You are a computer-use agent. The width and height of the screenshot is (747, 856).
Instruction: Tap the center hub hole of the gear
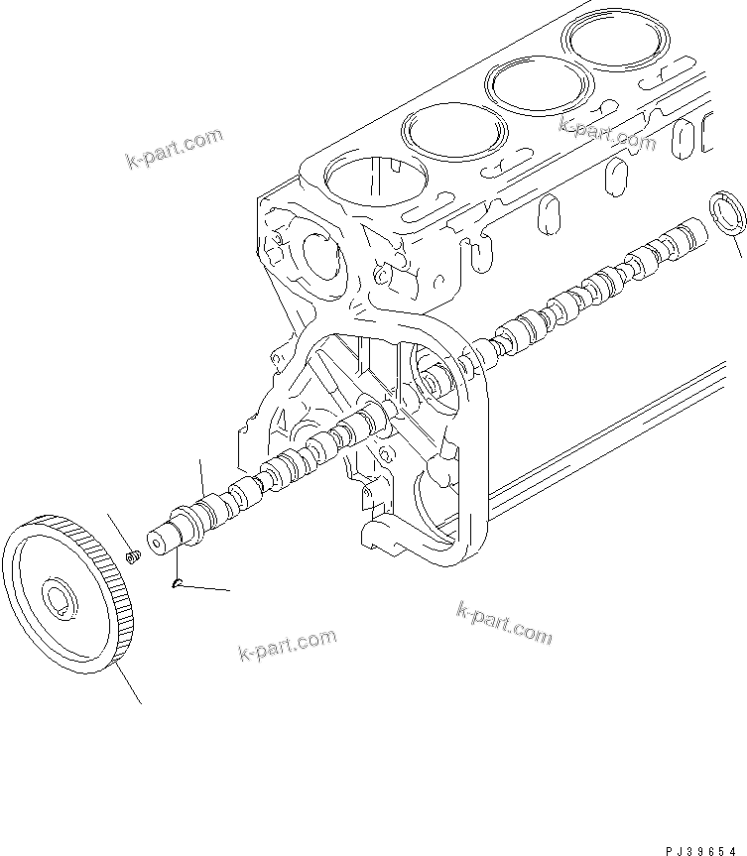(x=59, y=597)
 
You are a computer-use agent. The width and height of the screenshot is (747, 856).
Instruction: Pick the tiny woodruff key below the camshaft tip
(x=176, y=584)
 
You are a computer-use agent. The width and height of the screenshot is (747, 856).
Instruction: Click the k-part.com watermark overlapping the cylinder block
(x=607, y=134)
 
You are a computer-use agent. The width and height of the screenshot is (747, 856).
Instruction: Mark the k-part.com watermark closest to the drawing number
(x=503, y=622)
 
